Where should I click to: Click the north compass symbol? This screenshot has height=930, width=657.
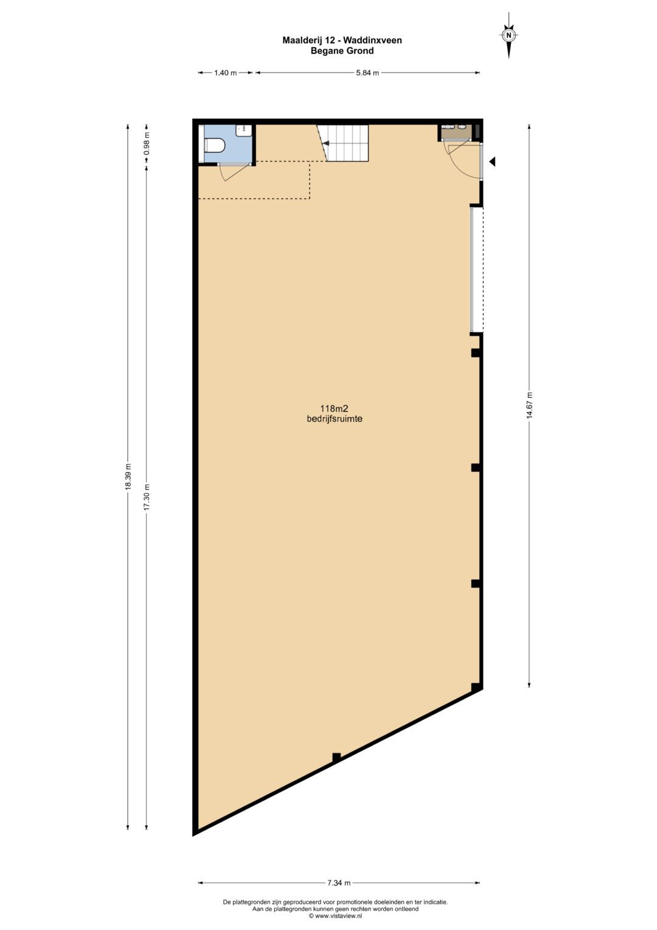(x=509, y=36)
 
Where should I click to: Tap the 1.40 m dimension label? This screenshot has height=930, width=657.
(x=225, y=73)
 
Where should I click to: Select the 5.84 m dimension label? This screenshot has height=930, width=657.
(x=367, y=73)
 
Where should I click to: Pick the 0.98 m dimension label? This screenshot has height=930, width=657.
(x=147, y=144)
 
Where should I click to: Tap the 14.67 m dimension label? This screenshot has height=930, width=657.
(x=529, y=405)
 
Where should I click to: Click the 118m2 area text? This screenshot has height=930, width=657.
(x=334, y=409)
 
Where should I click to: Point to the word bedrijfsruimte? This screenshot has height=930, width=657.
(x=335, y=419)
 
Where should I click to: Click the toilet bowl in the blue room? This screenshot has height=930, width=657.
(x=215, y=146)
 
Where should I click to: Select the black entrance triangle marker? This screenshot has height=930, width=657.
(x=492, y=162)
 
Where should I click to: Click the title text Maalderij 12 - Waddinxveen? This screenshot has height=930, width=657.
(x=342, y=40)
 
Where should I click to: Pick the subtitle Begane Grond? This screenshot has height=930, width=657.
(x=342, y=51)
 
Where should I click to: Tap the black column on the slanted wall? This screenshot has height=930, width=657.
(x=336, y=757)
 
